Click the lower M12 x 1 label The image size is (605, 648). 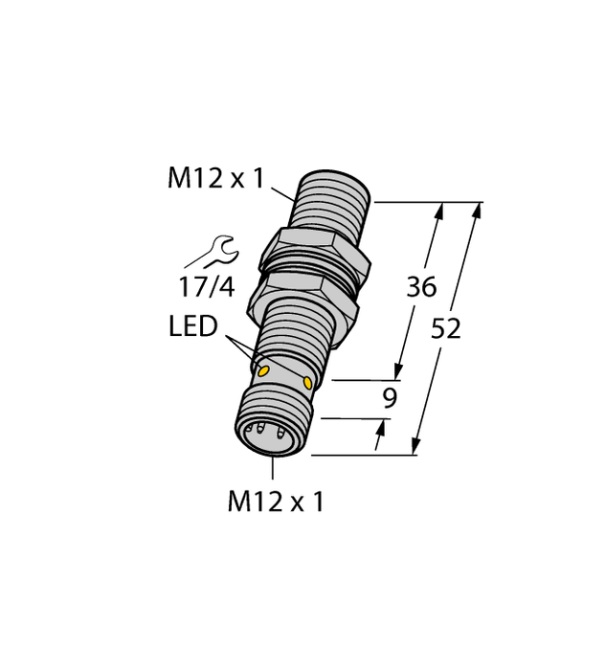click(275, 502)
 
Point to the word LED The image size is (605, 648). click(193, 327)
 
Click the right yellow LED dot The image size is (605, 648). click(307, 382)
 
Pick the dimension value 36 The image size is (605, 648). click(421, 287)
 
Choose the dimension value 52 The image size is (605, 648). click(446, 328)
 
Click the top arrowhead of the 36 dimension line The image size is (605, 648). click(441, 209)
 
